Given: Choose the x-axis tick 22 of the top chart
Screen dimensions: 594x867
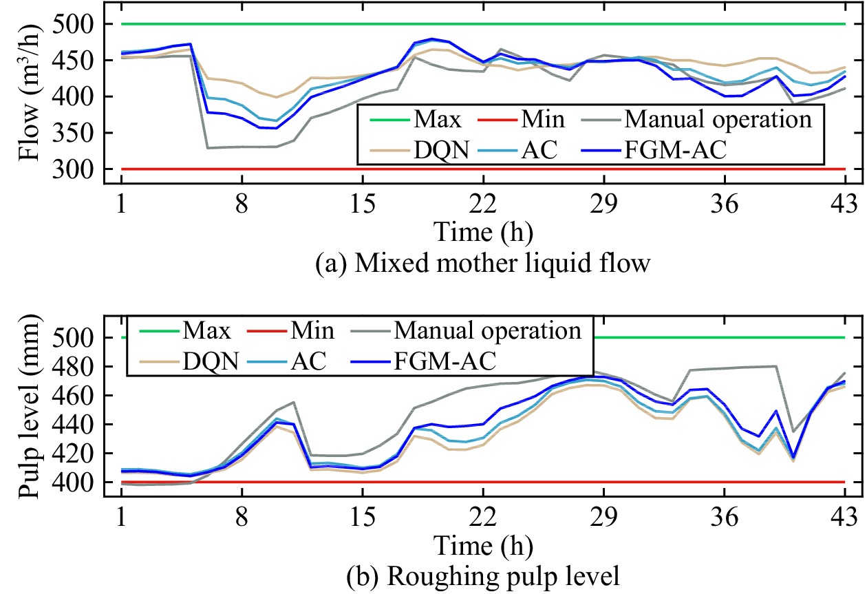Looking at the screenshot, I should (483, 204).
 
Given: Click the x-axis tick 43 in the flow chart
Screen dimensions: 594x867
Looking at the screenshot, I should (844, 204).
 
